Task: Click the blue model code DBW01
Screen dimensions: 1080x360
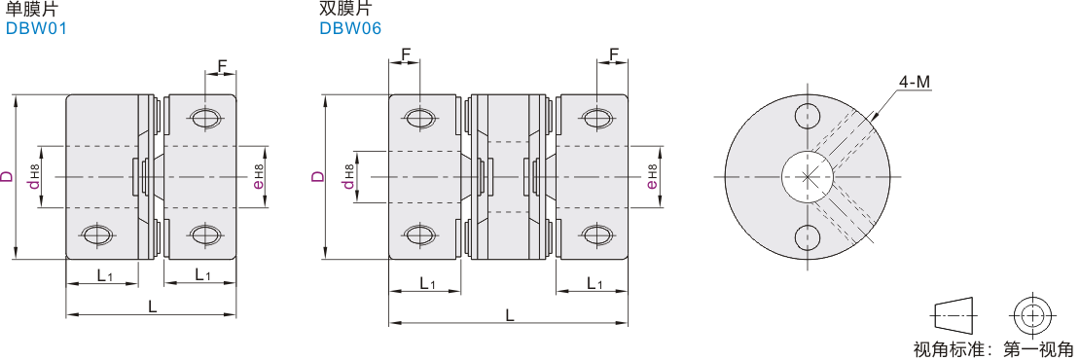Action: (36, 28)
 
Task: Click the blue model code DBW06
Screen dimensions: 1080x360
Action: (350, 28)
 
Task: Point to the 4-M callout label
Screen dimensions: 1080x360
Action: (914, 83)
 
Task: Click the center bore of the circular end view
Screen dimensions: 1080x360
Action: (808, 176)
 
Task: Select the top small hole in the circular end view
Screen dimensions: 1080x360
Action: (808, 116)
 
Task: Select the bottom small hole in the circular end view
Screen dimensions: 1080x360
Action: (808, 237)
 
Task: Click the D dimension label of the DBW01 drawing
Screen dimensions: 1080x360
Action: (7, 176)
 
